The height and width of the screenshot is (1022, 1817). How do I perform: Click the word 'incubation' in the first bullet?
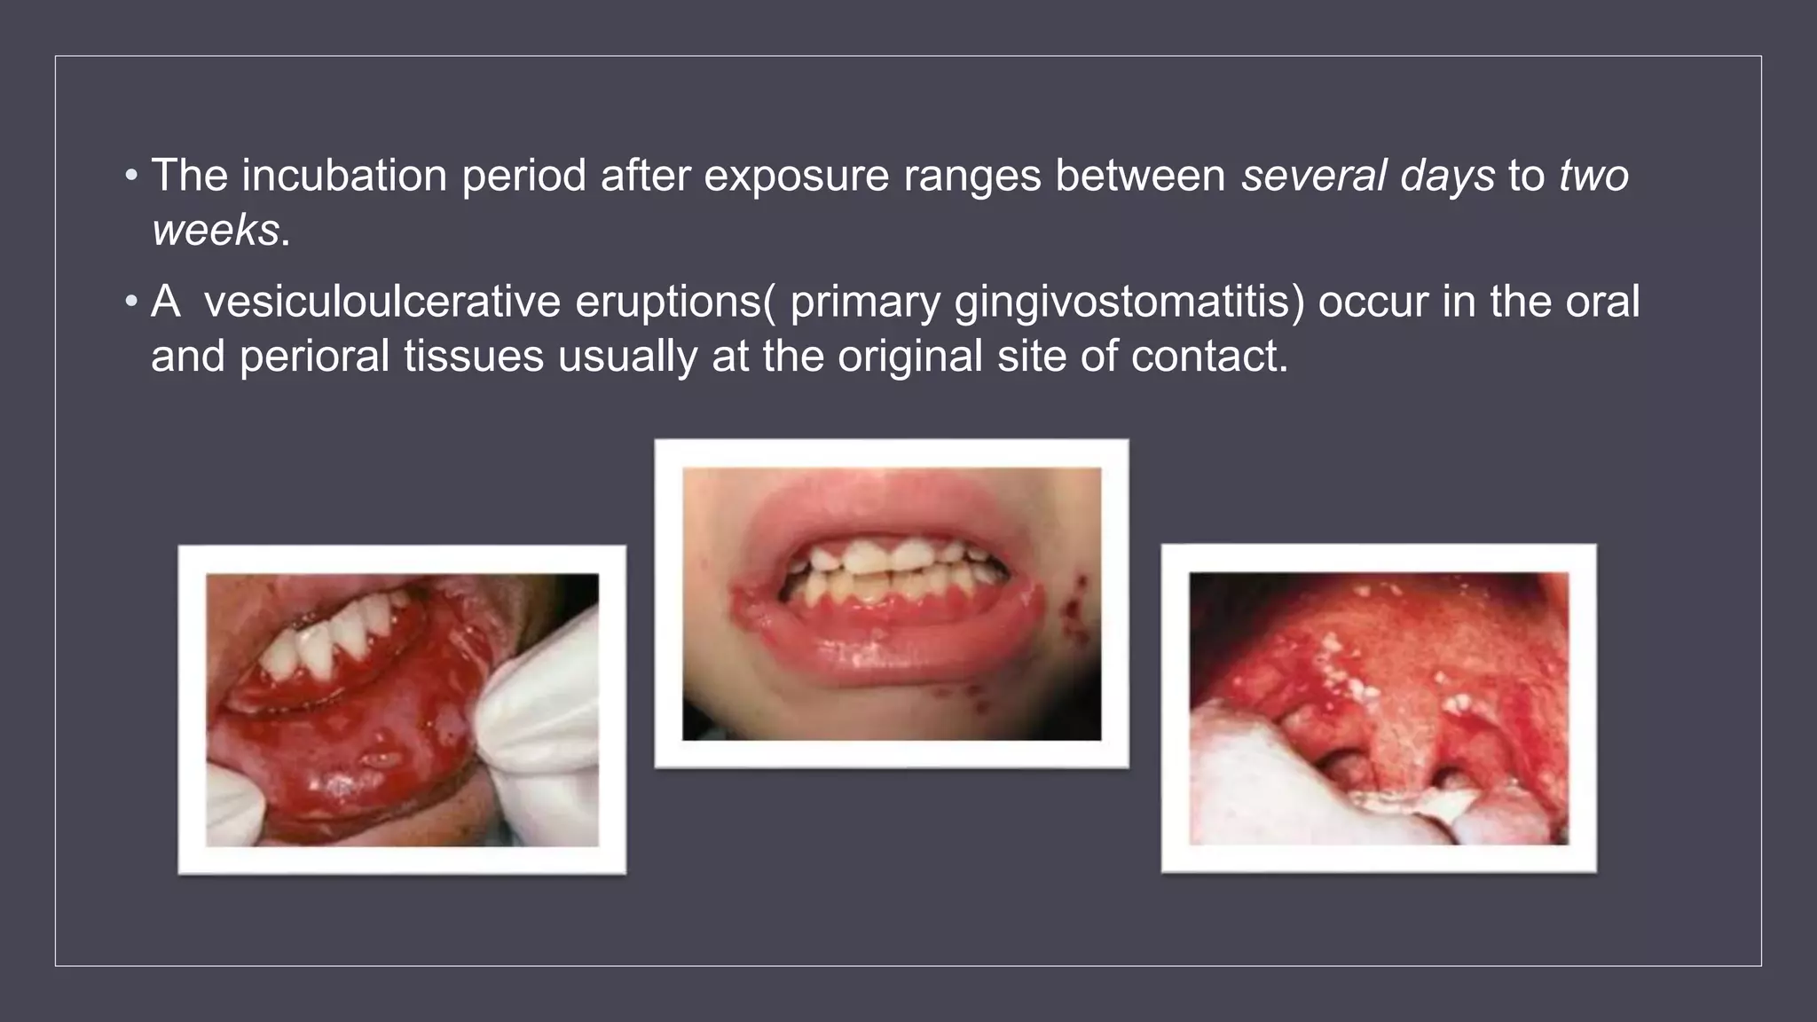pyautogui.click(x=344, y=175)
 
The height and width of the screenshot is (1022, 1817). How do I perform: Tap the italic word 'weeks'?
pyautogui.click(x=216, y=230)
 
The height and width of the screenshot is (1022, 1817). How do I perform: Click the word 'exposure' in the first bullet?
pyautogui.click(x=796, y=175)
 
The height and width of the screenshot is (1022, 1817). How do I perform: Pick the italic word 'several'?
pyautogui.click(x=1312, y=175)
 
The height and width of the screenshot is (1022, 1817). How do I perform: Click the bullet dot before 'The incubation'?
pyautogui.click(x=131, y=175)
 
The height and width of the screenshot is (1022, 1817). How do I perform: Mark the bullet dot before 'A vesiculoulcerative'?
pyautogui.click(x=131, y=302)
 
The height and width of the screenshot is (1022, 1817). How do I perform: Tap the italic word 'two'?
pyautogui.click(x=1593, y=175)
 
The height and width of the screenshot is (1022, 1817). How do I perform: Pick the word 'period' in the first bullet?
pyautogui.click(x=523, y=175)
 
